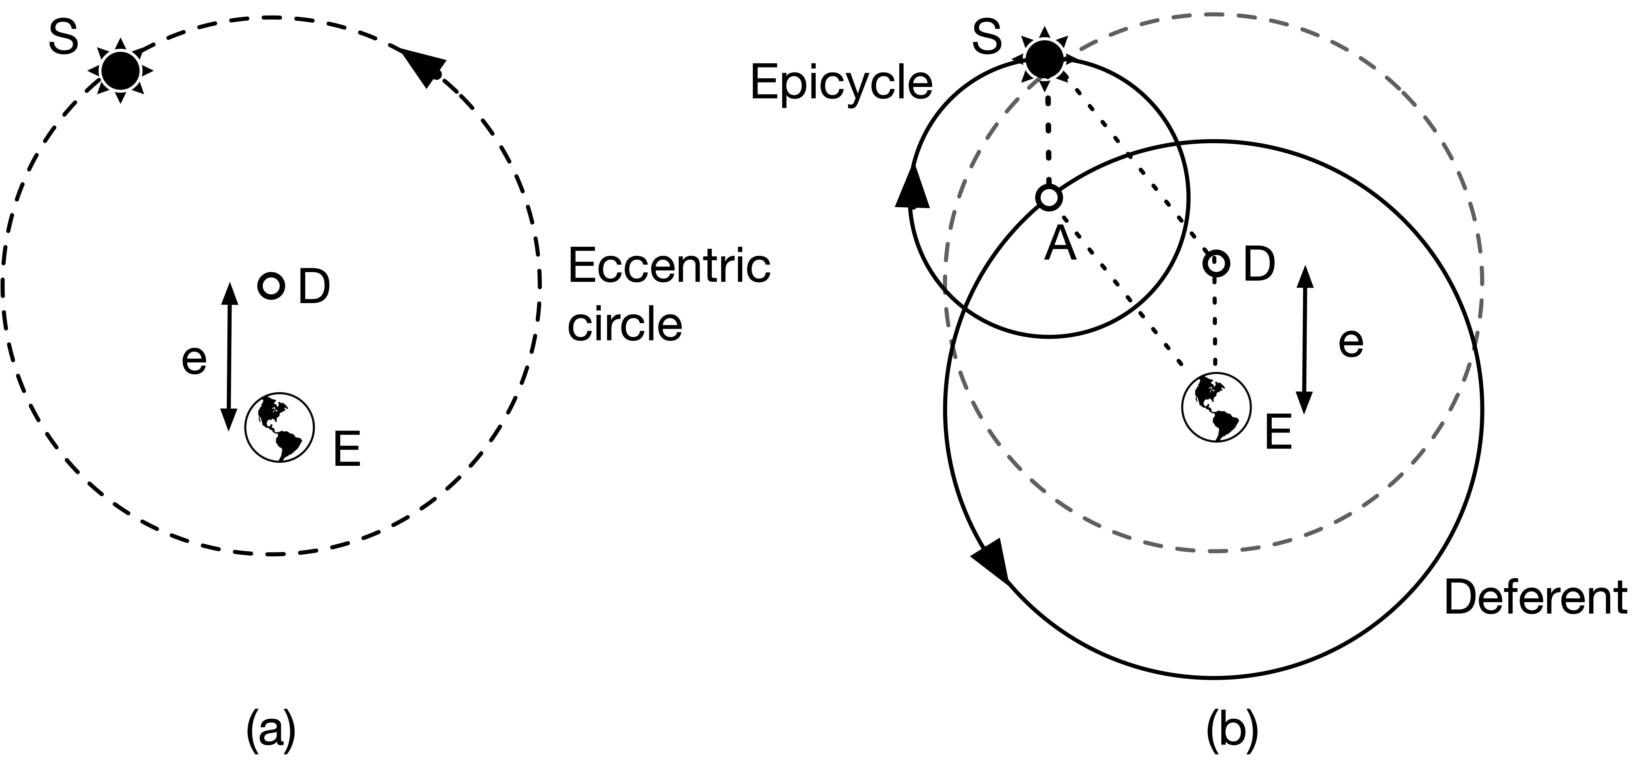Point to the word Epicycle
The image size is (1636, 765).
coord(841,84)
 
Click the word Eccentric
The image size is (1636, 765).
coord(669,266)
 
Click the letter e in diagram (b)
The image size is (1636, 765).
coord(1351,343)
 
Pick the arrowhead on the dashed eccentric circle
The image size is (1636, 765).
coord(422,64)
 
